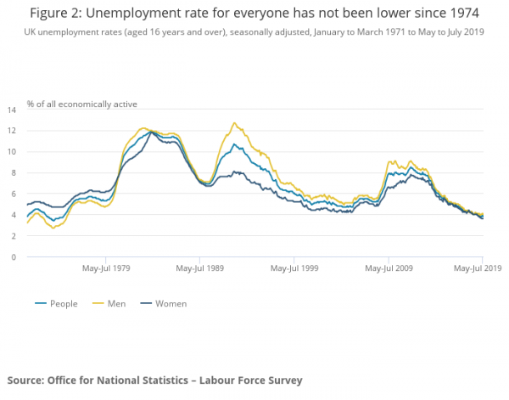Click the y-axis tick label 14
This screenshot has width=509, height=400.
coord(13,110)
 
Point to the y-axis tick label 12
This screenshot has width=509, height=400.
coord(13,131)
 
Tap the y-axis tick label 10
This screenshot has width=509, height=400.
coord(13,152)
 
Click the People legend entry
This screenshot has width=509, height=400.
coord(59,303)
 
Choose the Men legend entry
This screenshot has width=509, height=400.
coord(118,303)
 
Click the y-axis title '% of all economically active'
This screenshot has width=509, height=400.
coord(81,104)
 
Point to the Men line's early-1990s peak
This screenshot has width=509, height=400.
coord(234,123)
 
